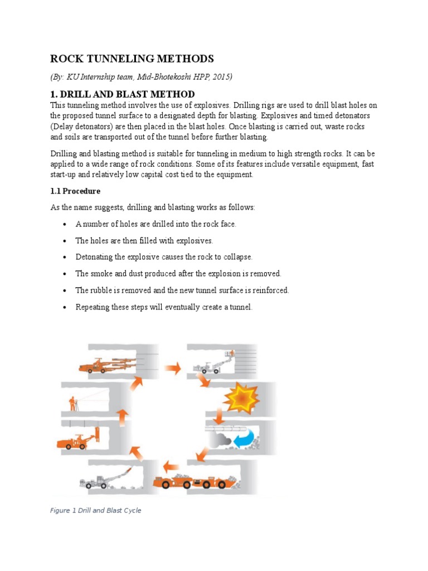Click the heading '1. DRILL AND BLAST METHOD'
click(123, 94)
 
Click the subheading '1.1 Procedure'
click(75, 191)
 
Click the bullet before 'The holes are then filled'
click(65, 241)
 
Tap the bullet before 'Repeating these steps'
click(65, 307)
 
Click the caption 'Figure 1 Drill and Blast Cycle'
click(96, 510)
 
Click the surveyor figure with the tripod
click(72, 403)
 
